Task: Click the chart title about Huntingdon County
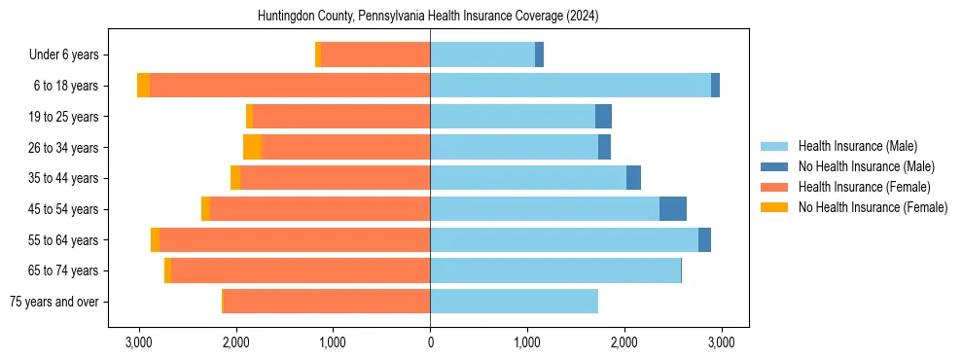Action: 428,17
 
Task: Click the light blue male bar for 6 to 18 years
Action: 570,86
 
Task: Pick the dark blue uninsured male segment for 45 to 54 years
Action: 673,209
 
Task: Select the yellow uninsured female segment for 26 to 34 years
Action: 252,147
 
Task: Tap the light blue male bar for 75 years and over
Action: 514,302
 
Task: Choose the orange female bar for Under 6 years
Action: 375,54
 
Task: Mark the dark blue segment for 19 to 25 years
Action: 603,117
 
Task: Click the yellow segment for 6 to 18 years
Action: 144,86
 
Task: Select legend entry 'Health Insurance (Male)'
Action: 857,146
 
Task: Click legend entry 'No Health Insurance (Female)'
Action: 873,207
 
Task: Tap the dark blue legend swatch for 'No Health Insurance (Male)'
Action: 774,166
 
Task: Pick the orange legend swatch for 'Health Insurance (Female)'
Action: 774,187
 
